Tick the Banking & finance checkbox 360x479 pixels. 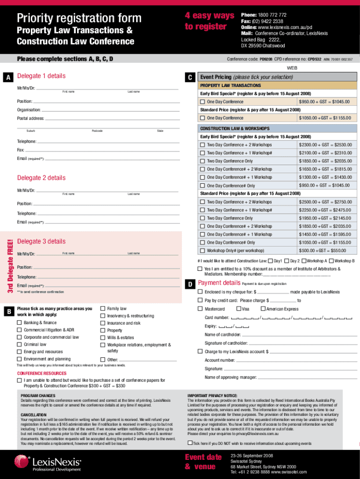tap(20, 323)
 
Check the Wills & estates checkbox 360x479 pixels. tap(103, 337)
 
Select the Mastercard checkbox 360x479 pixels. tap(200, 309)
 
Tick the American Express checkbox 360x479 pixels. tap(263, 309)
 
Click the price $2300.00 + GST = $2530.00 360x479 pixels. tap(325, 145)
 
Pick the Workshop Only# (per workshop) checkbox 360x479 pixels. tap(202, 250)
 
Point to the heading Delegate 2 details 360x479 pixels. tap(42, 178)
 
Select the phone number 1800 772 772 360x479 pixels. tap(270, 15)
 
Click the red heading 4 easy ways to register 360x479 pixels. tap(209, 21)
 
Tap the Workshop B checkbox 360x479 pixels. tap(331, 261)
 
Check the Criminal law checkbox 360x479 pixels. tap(20, 344)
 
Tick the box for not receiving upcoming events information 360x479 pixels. tap(190, 443)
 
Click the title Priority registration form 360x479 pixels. tap(79, 18)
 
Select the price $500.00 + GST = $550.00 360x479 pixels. tap(325, 250)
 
